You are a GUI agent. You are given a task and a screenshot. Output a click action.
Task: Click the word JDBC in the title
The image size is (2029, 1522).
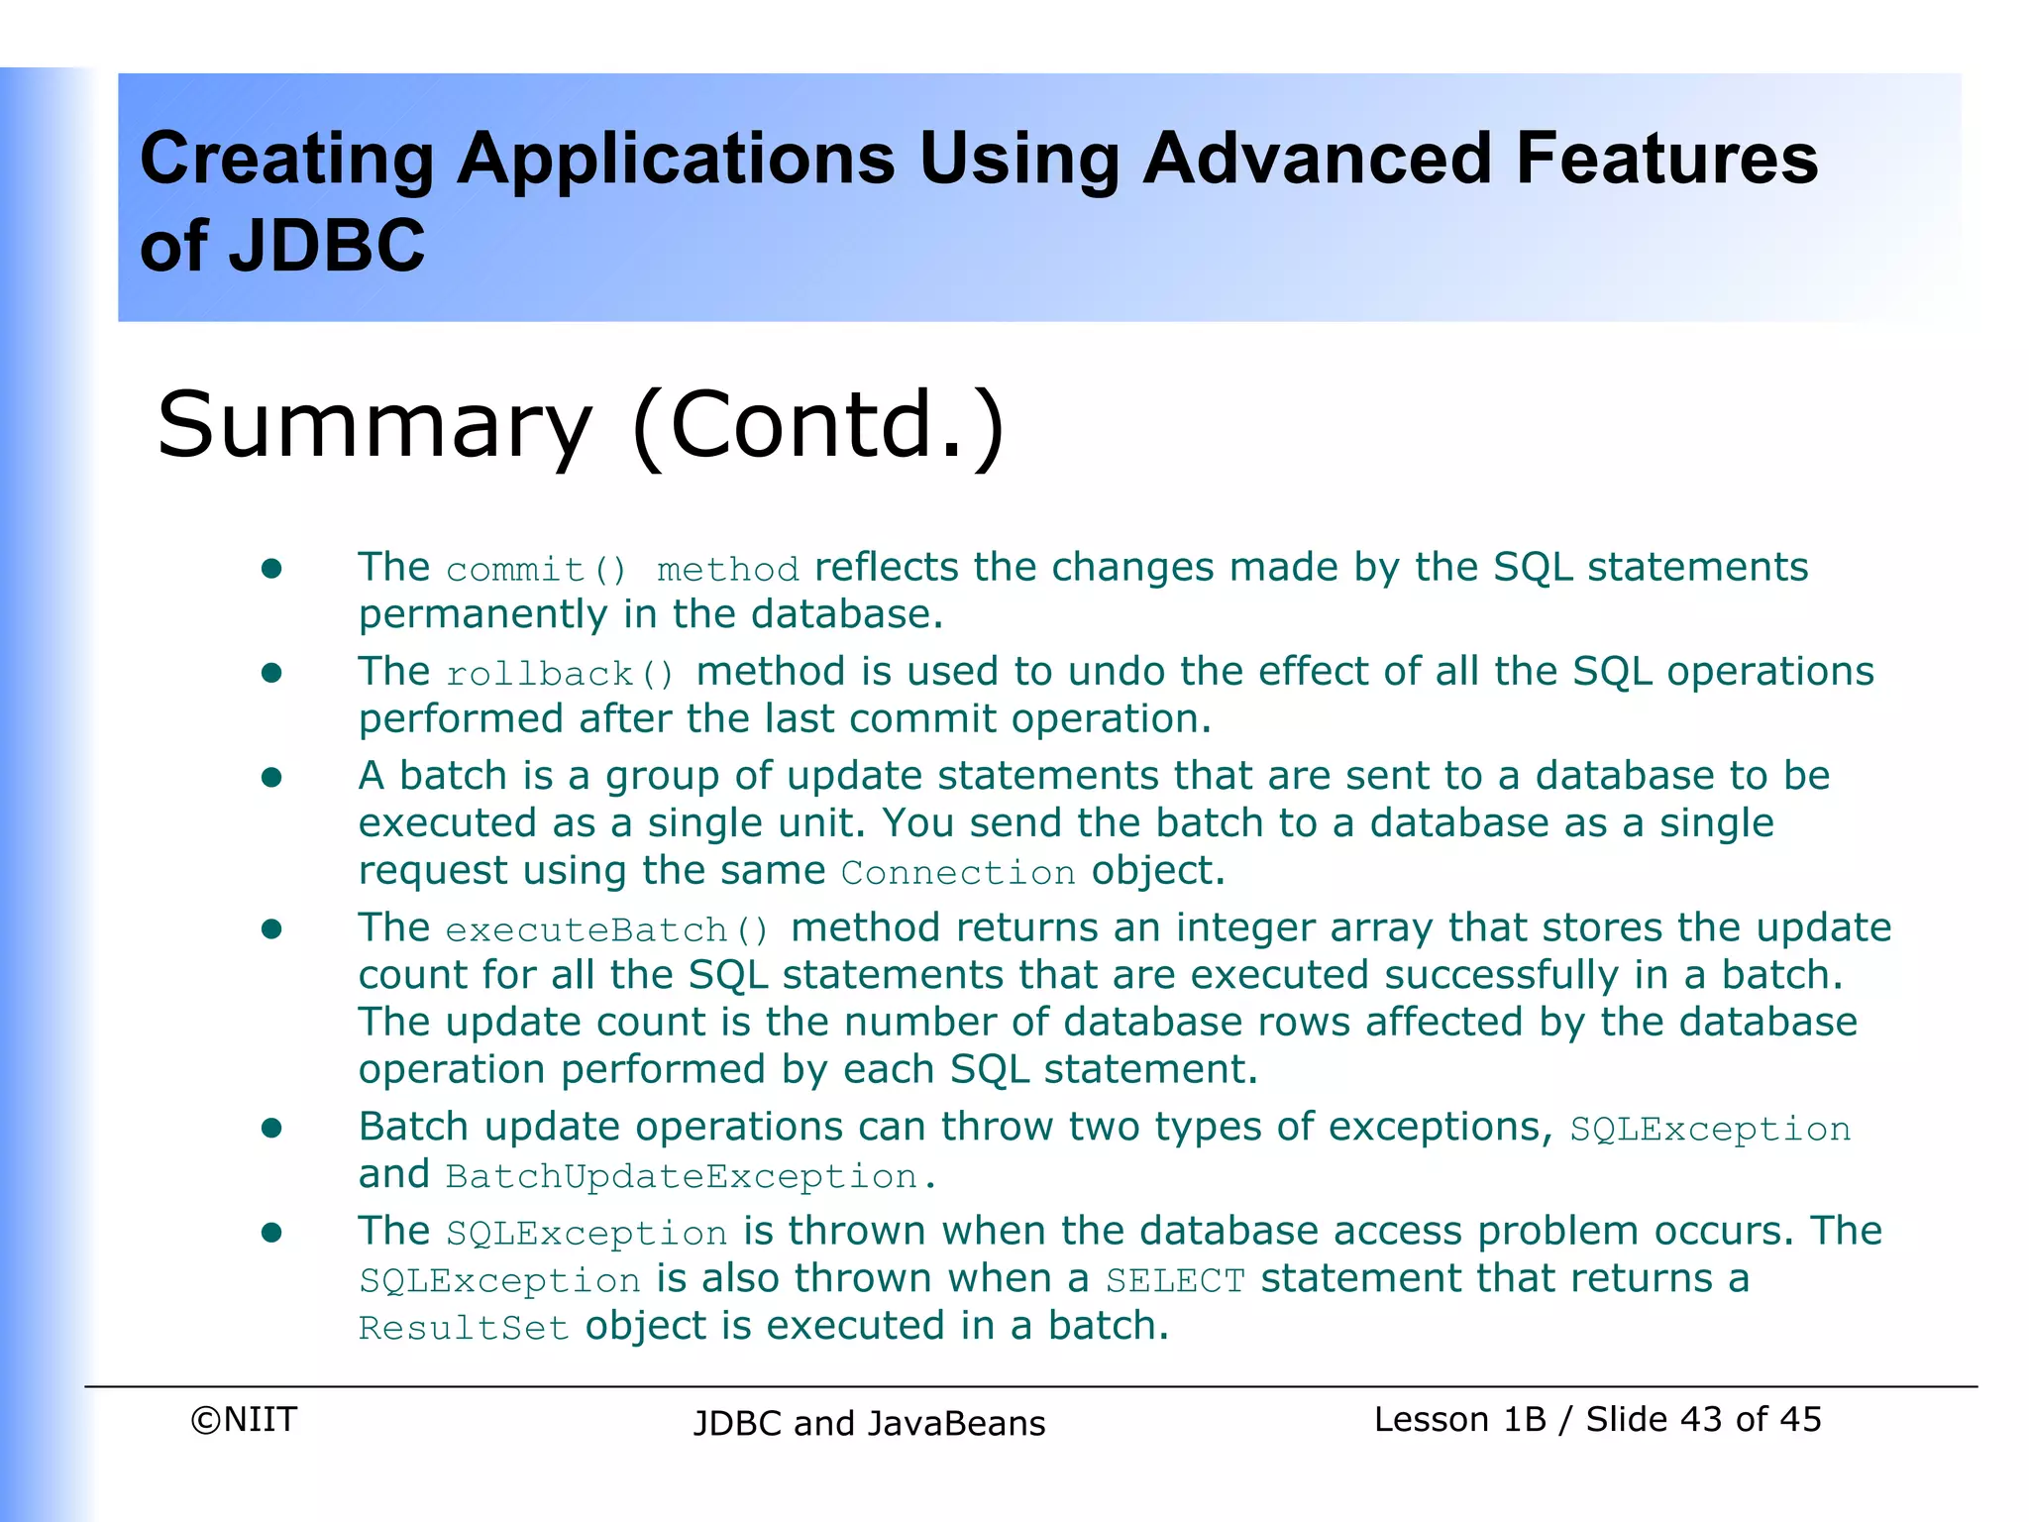tap(326, 246)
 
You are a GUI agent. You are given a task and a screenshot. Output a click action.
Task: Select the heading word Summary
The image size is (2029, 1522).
tap(374, 426)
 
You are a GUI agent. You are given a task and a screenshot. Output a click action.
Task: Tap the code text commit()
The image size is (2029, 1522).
tap(536, 570)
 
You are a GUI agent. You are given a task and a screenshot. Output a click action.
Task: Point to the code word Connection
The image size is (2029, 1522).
tap(958, 873)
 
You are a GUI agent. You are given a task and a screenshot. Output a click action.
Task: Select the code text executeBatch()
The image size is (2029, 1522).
tap(606, 930)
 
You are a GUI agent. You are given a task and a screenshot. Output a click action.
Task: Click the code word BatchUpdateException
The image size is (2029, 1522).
tap(682, 1177)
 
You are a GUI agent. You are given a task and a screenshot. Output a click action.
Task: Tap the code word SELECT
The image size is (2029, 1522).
tap(1175, 1281)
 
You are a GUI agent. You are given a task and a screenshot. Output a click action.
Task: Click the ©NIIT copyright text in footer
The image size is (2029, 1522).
tap(244, 1420)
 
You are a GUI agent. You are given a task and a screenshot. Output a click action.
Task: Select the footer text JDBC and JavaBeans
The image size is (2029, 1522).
tap(869, 1424)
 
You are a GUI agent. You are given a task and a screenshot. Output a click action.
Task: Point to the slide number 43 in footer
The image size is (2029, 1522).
tap(1702, 1420)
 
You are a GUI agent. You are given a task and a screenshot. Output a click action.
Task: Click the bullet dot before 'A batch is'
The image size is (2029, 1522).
tap(271, 777)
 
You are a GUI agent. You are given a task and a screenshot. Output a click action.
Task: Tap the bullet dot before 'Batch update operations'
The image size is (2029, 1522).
tap(271, 1128)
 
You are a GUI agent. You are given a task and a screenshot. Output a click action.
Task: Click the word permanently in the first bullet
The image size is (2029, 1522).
tap(482, 615)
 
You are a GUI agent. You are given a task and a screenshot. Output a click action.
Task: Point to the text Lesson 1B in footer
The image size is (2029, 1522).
tap(1459, 1420)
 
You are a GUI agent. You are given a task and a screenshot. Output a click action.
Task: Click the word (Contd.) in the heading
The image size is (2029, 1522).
tap(818, 426)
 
